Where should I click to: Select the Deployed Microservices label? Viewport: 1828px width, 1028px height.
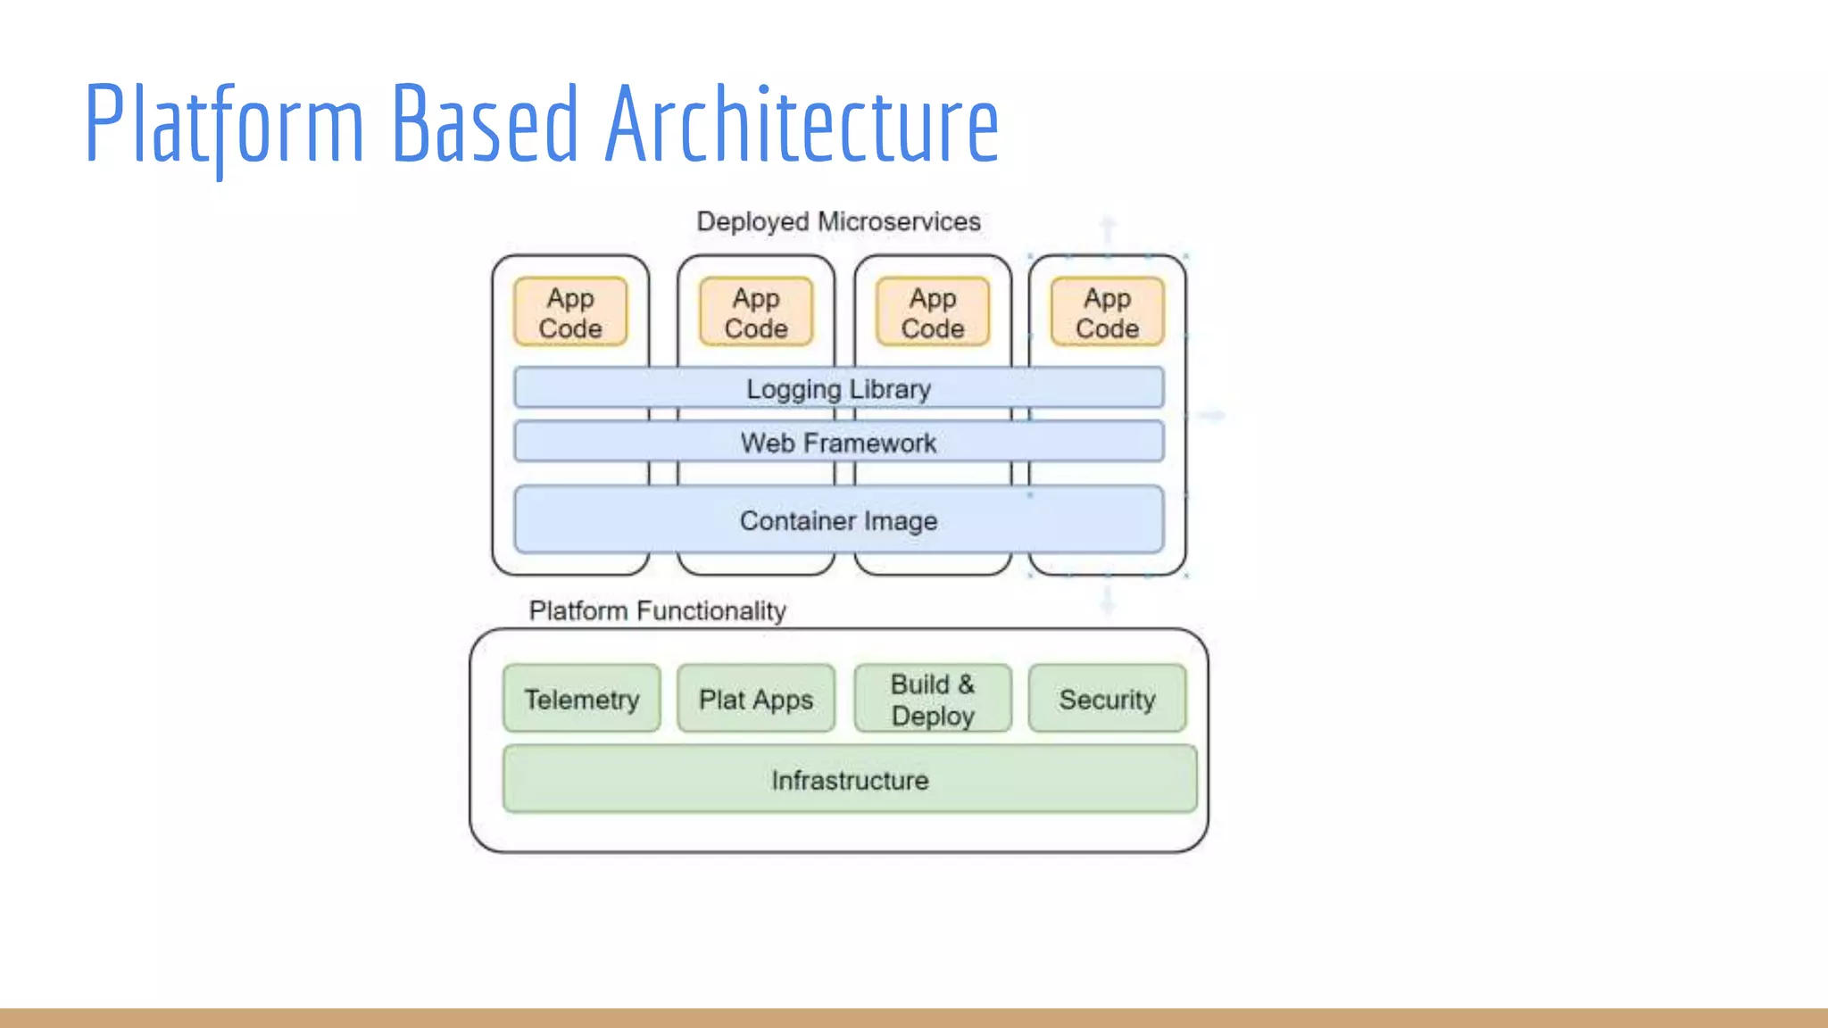[x=838, y=221]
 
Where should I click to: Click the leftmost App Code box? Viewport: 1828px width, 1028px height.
[x=570, y=312]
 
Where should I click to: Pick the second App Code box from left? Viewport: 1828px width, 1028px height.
[x=756, y=312]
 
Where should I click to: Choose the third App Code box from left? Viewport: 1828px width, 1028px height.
[x=933, y=312]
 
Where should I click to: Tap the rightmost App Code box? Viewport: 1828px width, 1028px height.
[x=1107, y=312]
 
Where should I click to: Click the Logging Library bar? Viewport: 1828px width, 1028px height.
[x=838, y=388]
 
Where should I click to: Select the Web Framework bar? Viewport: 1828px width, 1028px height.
[x=838, y=443]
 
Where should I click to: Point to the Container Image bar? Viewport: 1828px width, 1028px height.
[x=838, y=520]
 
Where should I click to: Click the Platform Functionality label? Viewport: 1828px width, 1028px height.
[x=657, y=610]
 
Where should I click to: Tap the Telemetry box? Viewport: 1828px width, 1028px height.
[x=582, y=699]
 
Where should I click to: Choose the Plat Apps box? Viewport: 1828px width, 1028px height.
[x=756, y=699]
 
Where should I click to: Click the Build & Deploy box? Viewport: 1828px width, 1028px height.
[x=933, y=699]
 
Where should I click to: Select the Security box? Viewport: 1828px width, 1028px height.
[x=1107, y=699]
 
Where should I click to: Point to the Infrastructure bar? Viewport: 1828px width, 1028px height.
[x=850, y=780]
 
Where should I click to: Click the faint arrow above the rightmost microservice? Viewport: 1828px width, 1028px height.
[x=1108, y=229]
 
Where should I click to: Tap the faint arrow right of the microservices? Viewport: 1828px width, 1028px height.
[x=1211, y=415]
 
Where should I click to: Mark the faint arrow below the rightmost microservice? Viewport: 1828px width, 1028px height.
[x=1108, y=600]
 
